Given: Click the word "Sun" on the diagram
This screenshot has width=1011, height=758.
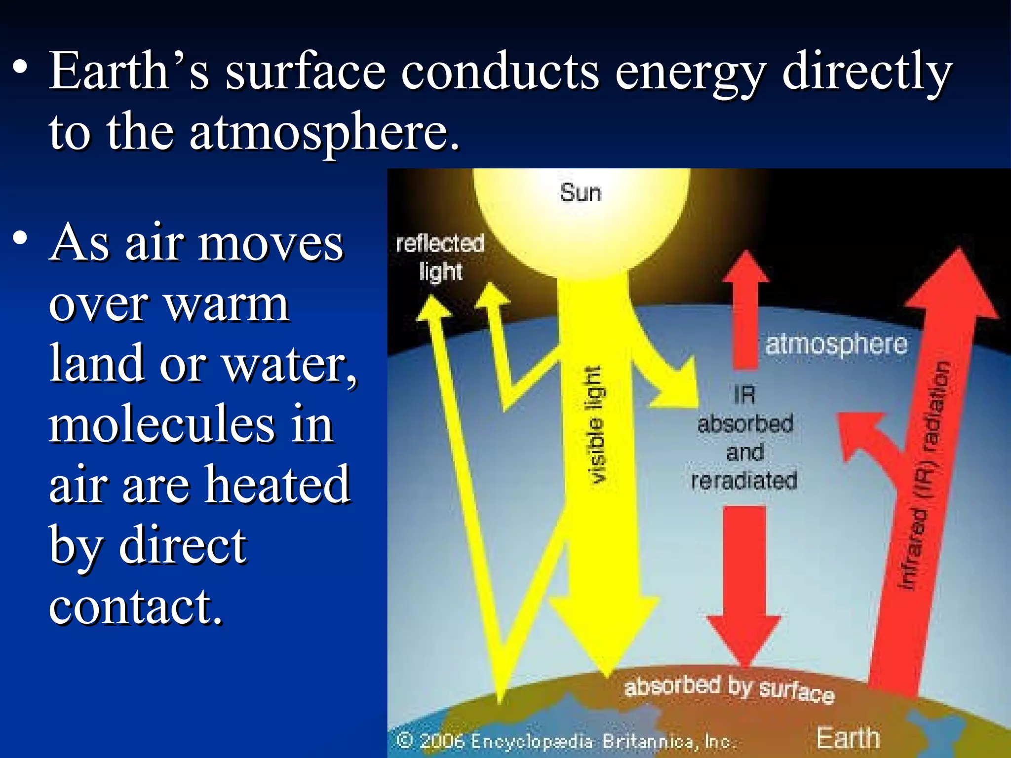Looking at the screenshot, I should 581,192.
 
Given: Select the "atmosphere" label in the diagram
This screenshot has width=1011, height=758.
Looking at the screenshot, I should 836,344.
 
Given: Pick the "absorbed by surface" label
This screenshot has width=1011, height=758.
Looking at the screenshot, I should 729,688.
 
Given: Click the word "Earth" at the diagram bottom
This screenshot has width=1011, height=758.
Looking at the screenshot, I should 848,738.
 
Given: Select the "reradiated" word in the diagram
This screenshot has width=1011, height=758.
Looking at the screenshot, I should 744,481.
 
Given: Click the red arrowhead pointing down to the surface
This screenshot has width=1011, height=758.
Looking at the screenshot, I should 743,637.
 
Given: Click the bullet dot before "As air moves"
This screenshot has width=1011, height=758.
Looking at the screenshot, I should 20,238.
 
